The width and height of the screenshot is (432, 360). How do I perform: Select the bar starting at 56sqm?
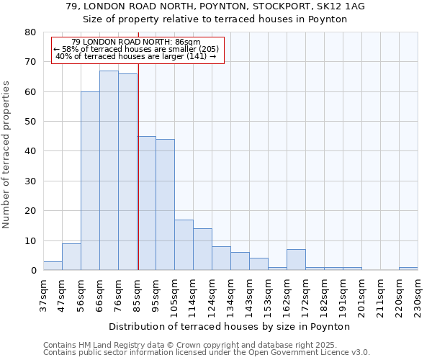pos(90,181)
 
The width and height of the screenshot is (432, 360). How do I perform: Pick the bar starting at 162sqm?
pos(296,260)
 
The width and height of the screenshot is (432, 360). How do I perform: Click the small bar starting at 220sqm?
pos(408,269)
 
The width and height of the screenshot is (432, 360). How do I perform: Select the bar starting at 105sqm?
pos(184,245)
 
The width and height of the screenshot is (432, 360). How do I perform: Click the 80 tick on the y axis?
pos(30,32)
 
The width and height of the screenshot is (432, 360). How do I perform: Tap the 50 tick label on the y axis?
pos(30,122)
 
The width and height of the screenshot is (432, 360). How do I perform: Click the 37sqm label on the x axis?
pos(43,296)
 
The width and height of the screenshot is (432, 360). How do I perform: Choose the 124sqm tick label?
pos(212,296)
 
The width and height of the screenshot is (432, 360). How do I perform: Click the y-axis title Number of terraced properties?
pos(7,154)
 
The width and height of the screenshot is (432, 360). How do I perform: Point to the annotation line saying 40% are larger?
pos(136,57)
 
